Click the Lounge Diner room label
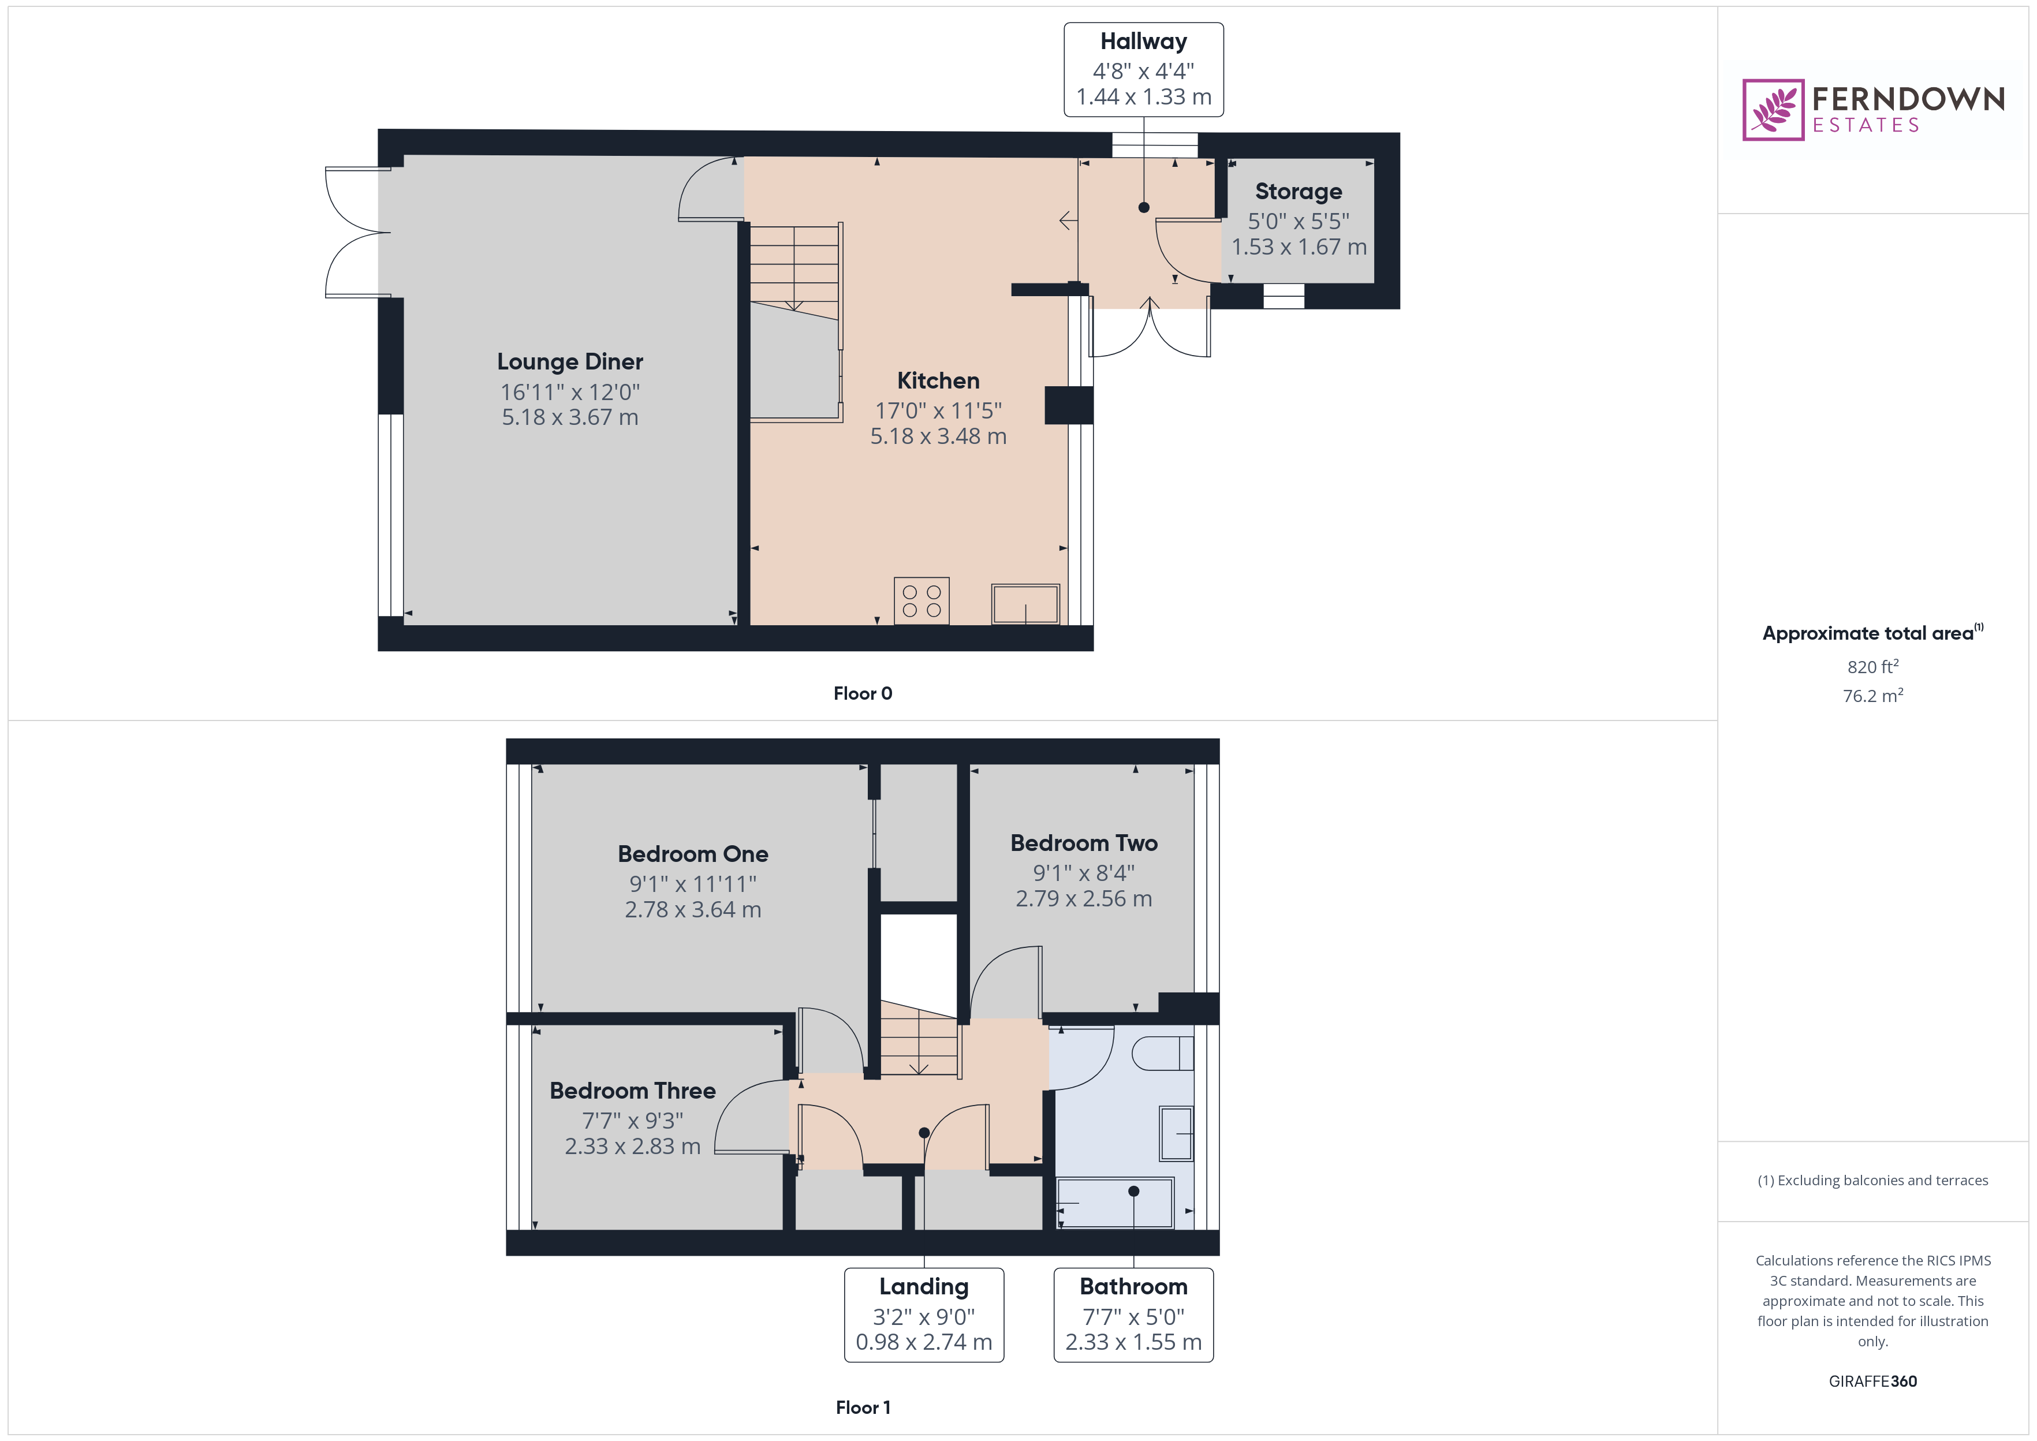[569, 362]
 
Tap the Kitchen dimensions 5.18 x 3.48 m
[938, 436]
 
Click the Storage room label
[1298, 192]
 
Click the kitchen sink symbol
[1025, 604]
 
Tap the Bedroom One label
[692, 854]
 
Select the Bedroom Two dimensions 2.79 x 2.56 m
[1083, 899]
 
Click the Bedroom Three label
[632, 1091]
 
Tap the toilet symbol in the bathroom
[1162, 1053]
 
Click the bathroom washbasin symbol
[1177, 1133]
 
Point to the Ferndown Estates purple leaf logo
[1773, 110]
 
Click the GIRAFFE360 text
[1872, 1382]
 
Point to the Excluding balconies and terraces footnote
[1872, 1180]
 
